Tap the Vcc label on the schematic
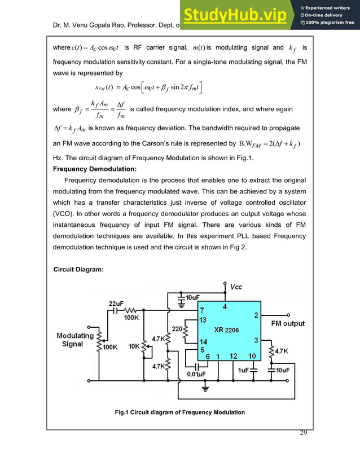[x=236, y=287]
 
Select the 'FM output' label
[x=288, y=323]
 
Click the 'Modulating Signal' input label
[x=74, y=340]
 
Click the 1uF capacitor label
[x=244, y=370]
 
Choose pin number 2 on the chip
[x=256, y=315]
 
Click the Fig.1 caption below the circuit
[x=179, y=412]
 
